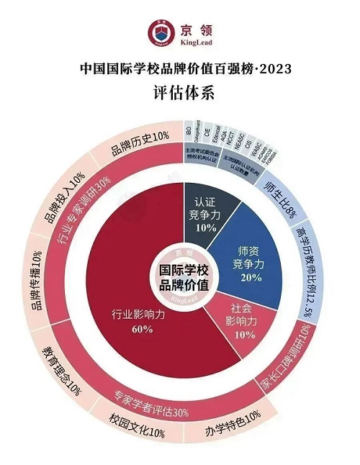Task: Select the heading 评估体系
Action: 179,93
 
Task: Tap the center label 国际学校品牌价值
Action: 180,277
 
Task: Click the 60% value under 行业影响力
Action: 142,329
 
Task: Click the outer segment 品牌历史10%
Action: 140,135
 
